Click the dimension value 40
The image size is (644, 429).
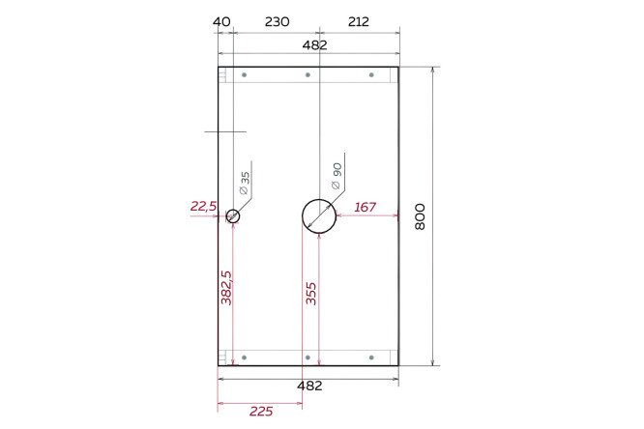[221, 22]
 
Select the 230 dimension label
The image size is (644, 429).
[277, 22]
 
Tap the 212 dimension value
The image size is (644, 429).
[359, 22]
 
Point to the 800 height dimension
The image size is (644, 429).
[420, 216]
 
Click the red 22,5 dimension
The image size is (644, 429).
[203, 206]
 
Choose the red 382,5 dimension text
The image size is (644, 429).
[226, 287]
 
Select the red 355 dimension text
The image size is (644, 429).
[311, 293]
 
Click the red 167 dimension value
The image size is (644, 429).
[366, 207]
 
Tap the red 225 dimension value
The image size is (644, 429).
[261, 411]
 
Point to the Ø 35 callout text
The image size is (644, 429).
[245, 183]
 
